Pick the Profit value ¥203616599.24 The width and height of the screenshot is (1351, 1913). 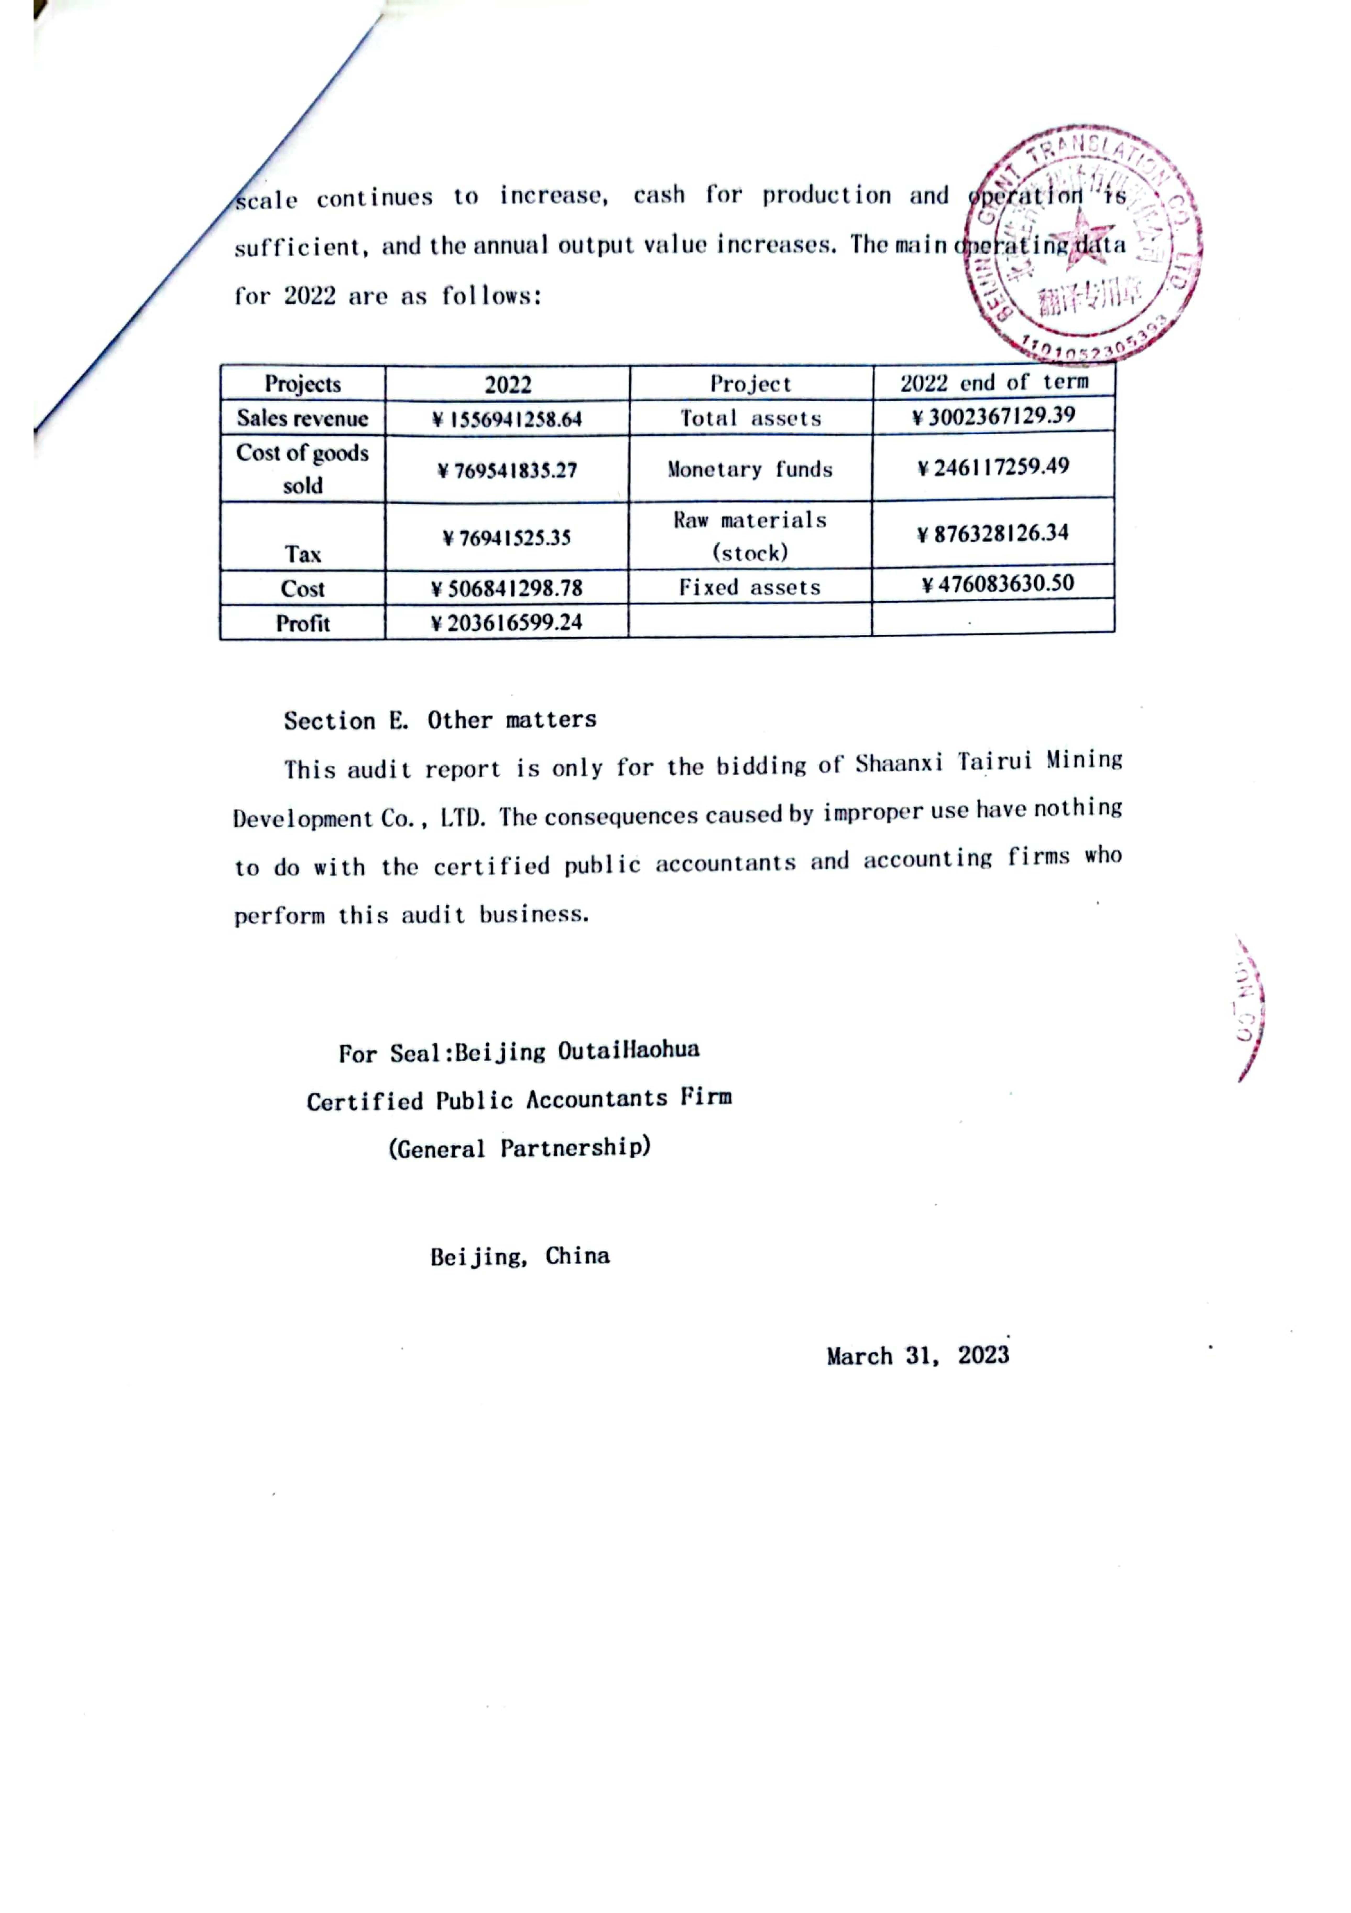(506, 622)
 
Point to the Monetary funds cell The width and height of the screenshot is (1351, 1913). (750, 469)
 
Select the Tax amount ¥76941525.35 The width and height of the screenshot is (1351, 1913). (506, 537)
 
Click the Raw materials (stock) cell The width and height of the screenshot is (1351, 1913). (750, 536)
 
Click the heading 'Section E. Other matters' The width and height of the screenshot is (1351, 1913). (440, 720)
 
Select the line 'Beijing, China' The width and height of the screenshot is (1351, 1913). (520, 1256)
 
